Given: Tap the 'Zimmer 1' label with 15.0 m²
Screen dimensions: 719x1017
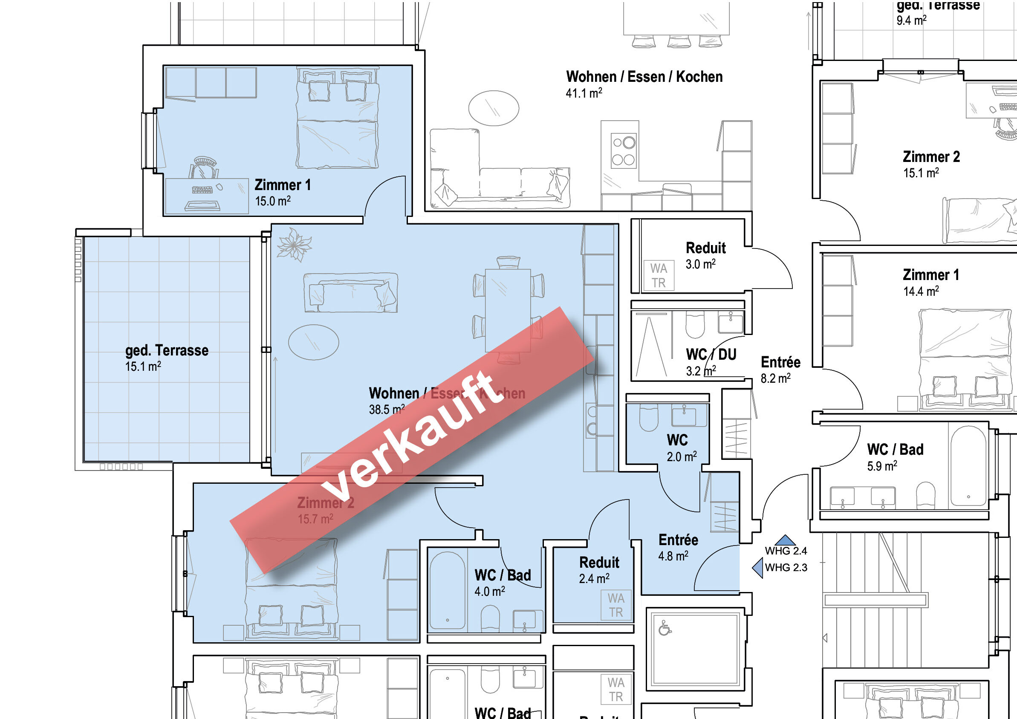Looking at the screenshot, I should (x=283, y=185).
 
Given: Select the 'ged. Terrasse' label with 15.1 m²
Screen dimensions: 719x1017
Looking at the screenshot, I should (x=167, y=350).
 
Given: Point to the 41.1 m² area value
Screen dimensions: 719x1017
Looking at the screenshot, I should (x=584, y=93).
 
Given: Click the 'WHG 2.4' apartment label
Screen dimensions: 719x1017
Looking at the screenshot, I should (x=786, y=551).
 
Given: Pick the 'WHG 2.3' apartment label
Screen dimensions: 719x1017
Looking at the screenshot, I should (x=786, y=568).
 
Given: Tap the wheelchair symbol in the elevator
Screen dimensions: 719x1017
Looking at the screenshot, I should (x=664, y=628).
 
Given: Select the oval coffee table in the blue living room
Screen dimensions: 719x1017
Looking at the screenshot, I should (x=314, y=342).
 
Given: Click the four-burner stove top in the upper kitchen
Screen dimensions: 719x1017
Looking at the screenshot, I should (x=624, y=150).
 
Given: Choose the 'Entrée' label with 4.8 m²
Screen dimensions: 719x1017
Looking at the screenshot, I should (x=678, y=540).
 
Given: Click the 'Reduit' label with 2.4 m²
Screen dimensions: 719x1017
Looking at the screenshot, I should (x=599, y=563).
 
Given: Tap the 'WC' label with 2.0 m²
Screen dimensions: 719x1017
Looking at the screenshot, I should (x=677, y=440).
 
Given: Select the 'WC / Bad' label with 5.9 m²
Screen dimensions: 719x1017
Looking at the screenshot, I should (x=895, y=450).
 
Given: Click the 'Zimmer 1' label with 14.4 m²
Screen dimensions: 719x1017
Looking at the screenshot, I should (x=930, y=275).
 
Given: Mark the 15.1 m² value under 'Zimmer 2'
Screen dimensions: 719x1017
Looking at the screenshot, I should (x=921, y=173).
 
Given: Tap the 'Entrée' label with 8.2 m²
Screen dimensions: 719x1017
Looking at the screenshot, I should (x=780, y=362).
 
